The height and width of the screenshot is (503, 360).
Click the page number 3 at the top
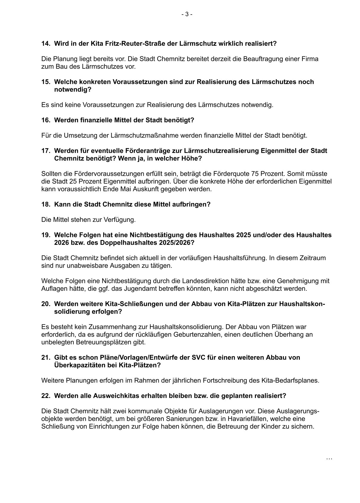(187, 14)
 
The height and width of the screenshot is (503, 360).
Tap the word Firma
(311, 59)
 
